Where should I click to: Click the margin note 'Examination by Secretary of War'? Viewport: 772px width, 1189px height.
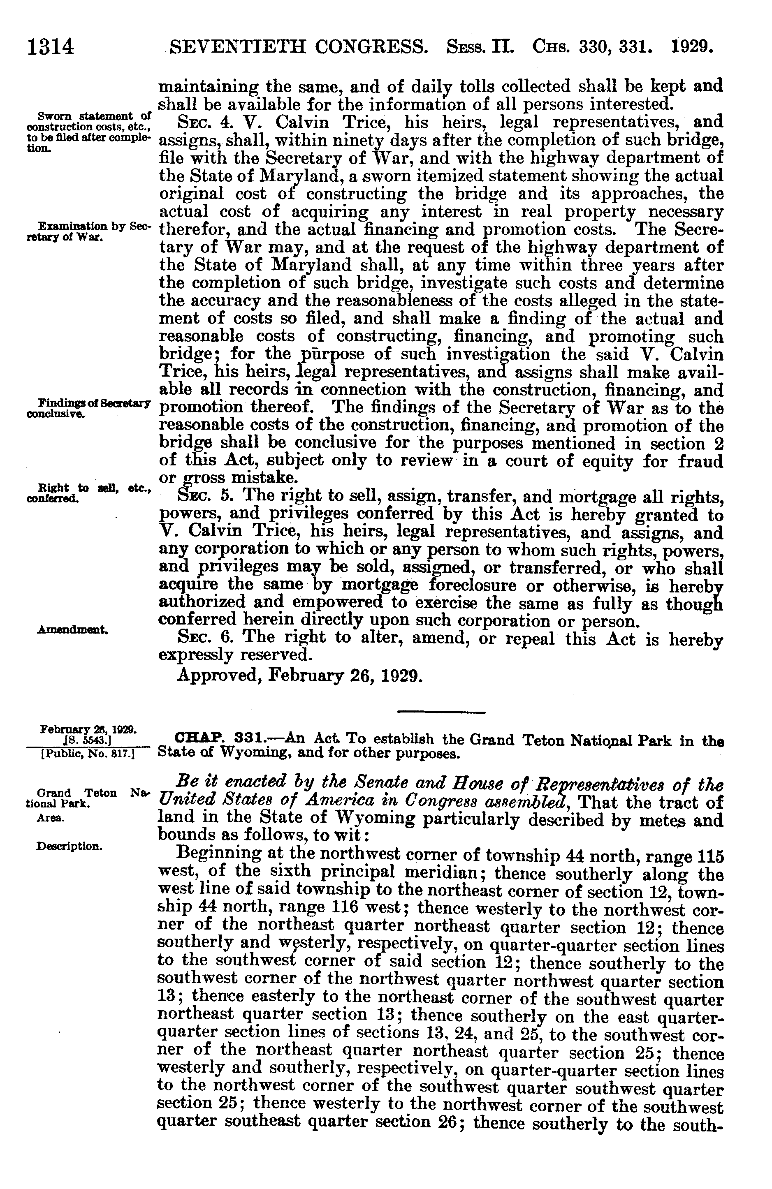[x=88, y=231]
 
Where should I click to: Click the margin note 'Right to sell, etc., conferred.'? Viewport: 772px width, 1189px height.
[x=88, y=490]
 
